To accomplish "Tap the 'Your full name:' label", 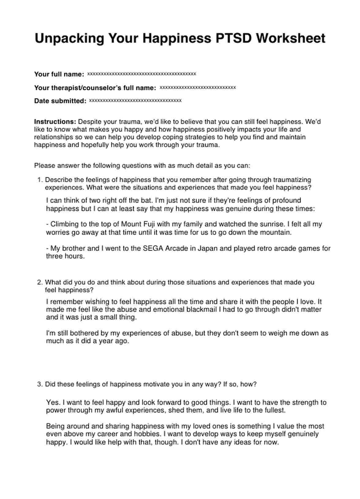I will click(x=59, y=74).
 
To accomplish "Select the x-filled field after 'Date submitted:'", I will click(x=135, y=101).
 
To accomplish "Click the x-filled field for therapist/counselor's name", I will click(x=198, y=88).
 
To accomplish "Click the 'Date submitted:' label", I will click(x=60, y=101).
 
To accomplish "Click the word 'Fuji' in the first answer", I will click(x=148, y=224).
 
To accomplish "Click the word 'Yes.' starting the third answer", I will click(x=52, y=403).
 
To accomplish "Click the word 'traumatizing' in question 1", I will click(x=292, y=180).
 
